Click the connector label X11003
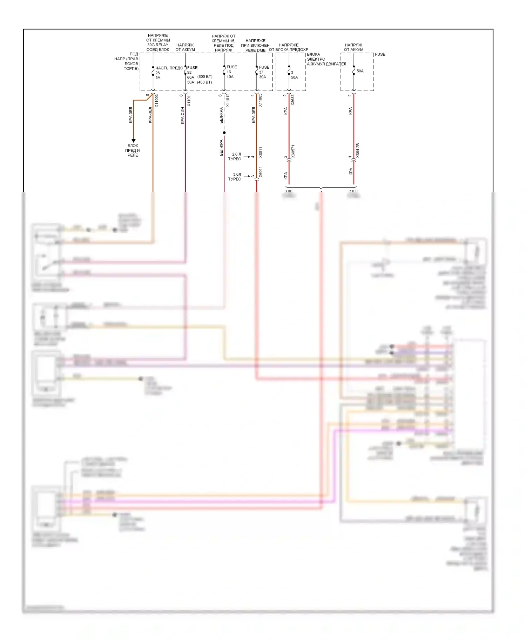tap(157, 101)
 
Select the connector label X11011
tap(189, 100)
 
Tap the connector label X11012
tap(228, 100)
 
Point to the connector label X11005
tap(260, 100)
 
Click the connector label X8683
tap(293, 100)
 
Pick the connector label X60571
tap(293, 151)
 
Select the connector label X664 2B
tap(358, 150)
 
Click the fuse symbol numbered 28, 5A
tap(153, 73)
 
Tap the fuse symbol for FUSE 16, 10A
tap(224, 72)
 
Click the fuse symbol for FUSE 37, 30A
tap(257, 72)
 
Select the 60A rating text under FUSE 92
tap(190, 77)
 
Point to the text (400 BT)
tap(204, 82)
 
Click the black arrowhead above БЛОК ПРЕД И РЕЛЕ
tap(133, 141)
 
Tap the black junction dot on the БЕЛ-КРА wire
tap(224, 133)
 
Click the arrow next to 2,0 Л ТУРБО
tap(247, 157)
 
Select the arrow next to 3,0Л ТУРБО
tap(247, 176)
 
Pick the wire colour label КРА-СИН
tap(182, 115)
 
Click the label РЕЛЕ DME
tap(256, 50)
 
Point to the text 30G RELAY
tap(158, 45)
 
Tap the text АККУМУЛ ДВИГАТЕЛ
tap(326, 64)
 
